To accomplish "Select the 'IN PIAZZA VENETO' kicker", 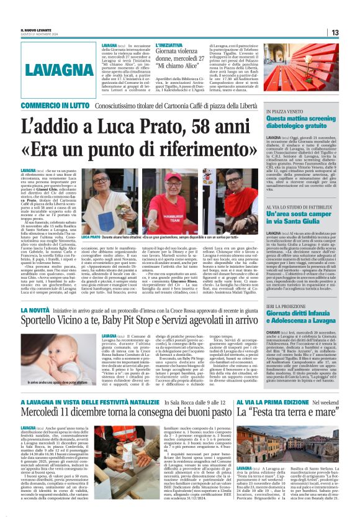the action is tap(286, 111).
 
